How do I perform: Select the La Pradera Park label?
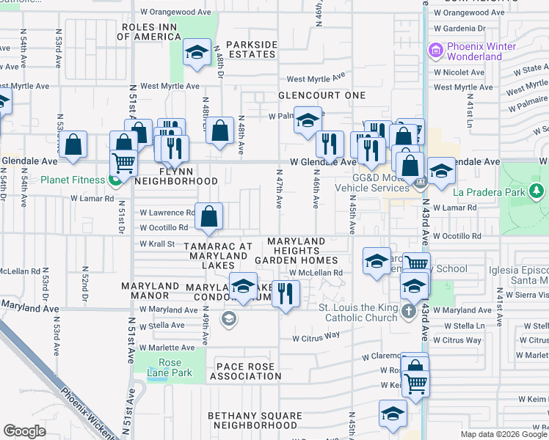tap(498, 193)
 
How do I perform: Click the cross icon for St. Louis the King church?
tap(410, 312)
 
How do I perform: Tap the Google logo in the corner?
tap(24, 431)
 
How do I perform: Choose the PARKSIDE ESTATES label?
tap(251, 49)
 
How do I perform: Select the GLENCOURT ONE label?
tap(321, 95)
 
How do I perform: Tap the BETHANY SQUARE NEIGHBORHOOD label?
tap(255, 420)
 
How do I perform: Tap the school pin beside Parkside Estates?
tap(196, 52)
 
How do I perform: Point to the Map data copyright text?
tap(503, 434)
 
